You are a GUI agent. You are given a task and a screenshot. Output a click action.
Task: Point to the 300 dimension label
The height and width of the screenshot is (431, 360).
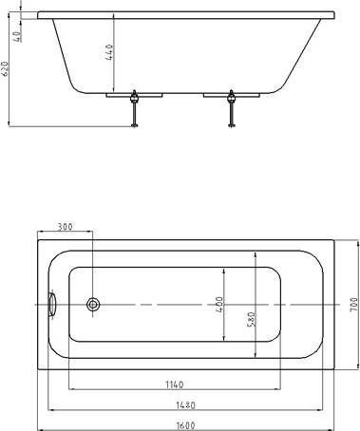[65, 228]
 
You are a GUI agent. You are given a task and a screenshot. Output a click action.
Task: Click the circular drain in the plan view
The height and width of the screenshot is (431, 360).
[93, 304]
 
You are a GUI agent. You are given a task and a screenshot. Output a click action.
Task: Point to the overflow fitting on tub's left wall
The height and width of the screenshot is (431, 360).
[53, 304]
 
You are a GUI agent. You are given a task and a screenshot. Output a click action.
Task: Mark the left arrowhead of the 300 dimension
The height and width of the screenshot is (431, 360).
[39, 234]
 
